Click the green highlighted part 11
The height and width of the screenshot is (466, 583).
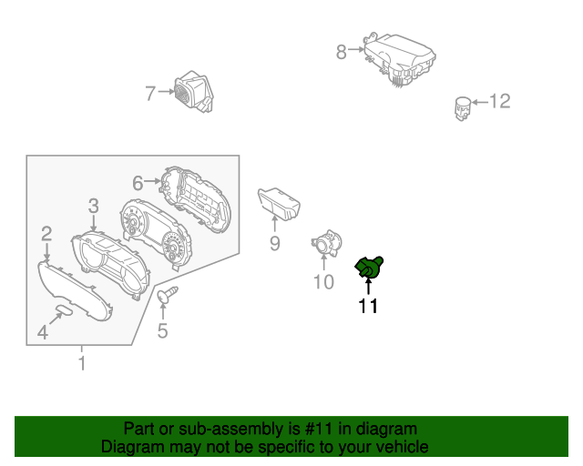pos(369,267)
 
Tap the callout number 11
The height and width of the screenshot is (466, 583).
pos(368,307)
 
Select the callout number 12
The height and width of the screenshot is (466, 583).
pos(500,101)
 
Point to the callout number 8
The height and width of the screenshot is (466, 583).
pos(342,52)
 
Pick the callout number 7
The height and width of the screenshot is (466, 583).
pos(151,91)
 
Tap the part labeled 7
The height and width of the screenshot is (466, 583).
pos(193,92)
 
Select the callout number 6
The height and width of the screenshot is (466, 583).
pos(138,183)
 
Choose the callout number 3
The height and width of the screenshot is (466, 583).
pos(93,207)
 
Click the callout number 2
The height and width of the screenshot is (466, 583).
pos(46,234)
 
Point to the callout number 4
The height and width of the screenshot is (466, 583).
pos(43,332)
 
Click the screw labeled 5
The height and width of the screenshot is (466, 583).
pos(169,294)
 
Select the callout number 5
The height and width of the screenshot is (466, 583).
pos(162,331)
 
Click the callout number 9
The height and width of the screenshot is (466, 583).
pos(274,243)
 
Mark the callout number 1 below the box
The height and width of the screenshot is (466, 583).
pos(82,364)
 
